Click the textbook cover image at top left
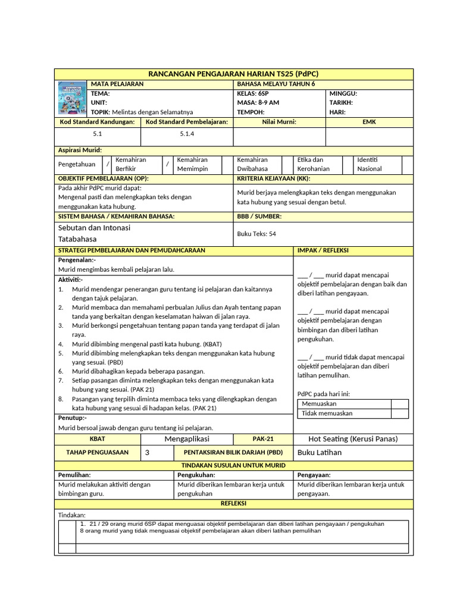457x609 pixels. (71, 98)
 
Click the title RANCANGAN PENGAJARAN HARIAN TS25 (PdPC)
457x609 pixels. (234, 74)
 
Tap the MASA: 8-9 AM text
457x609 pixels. (258, 103)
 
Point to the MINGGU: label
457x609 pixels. (343, 94)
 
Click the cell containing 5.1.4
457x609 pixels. (187, 134)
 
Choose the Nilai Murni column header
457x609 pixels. (279, 122)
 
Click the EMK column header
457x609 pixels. (369, 122)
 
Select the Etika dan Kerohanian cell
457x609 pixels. (313, 164)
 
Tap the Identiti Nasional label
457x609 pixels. (370, 164)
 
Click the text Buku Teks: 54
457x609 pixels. (256, 234)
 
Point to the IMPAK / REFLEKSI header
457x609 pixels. (323, 250)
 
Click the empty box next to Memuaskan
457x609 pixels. (399, 404)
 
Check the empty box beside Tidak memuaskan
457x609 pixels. (399, 413)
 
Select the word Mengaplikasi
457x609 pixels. (187, 439)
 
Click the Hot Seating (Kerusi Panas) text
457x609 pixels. (353, 439)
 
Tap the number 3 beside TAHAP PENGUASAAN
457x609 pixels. (148, 453)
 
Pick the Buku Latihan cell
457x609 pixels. (320, 453)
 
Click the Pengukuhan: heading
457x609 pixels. (196, 475)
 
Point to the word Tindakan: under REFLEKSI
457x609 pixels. (71, 514)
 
